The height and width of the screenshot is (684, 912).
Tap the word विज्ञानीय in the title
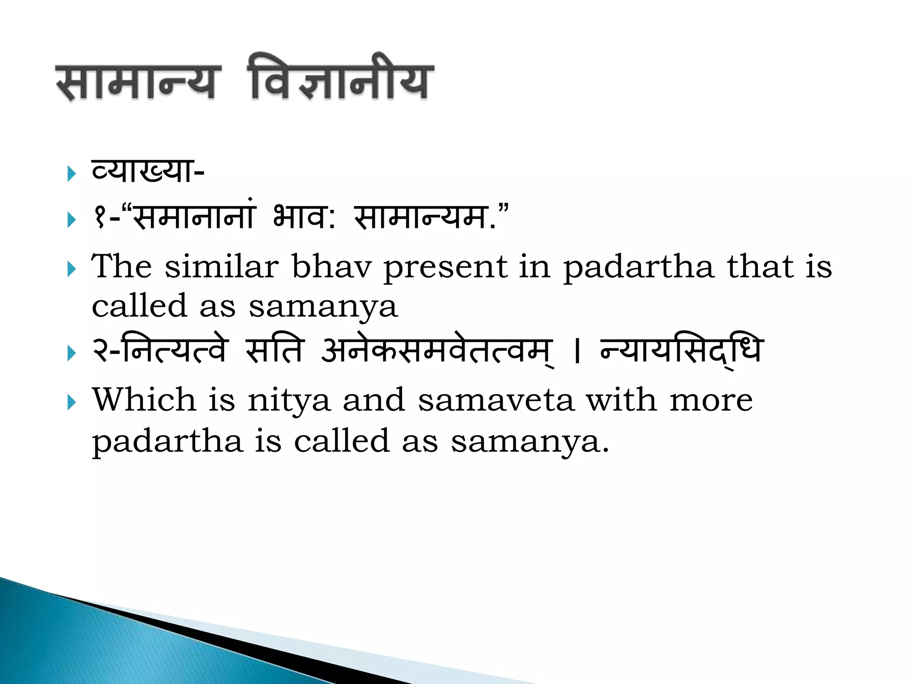click(341, 78)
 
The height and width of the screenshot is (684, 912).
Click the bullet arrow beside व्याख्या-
click(72, 174)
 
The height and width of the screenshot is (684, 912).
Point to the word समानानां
click(194, 217)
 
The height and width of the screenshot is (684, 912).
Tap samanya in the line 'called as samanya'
click(323, 307)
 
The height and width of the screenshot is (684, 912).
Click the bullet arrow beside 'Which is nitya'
click(72, 403)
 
